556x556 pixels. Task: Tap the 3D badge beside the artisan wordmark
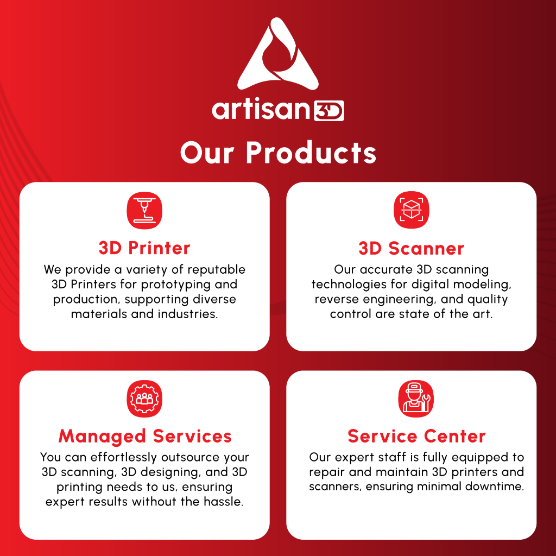[x=328, y=111]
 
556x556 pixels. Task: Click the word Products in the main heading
[x=311, y=153]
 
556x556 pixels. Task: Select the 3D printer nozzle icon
[x=144, y=211]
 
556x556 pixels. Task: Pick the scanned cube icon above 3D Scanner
[x=412, y=210]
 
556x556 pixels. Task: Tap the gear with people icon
[x=144, y=399]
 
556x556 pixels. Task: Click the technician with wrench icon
[x=415, y=399]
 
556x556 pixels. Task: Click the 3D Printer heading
[x=144, y=248]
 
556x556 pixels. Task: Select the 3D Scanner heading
[x=412, y=248]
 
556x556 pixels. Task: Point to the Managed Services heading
[x=145, y=436]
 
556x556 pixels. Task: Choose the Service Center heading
[x=416, y=436]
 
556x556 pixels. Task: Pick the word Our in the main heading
[x=207, y=153]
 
